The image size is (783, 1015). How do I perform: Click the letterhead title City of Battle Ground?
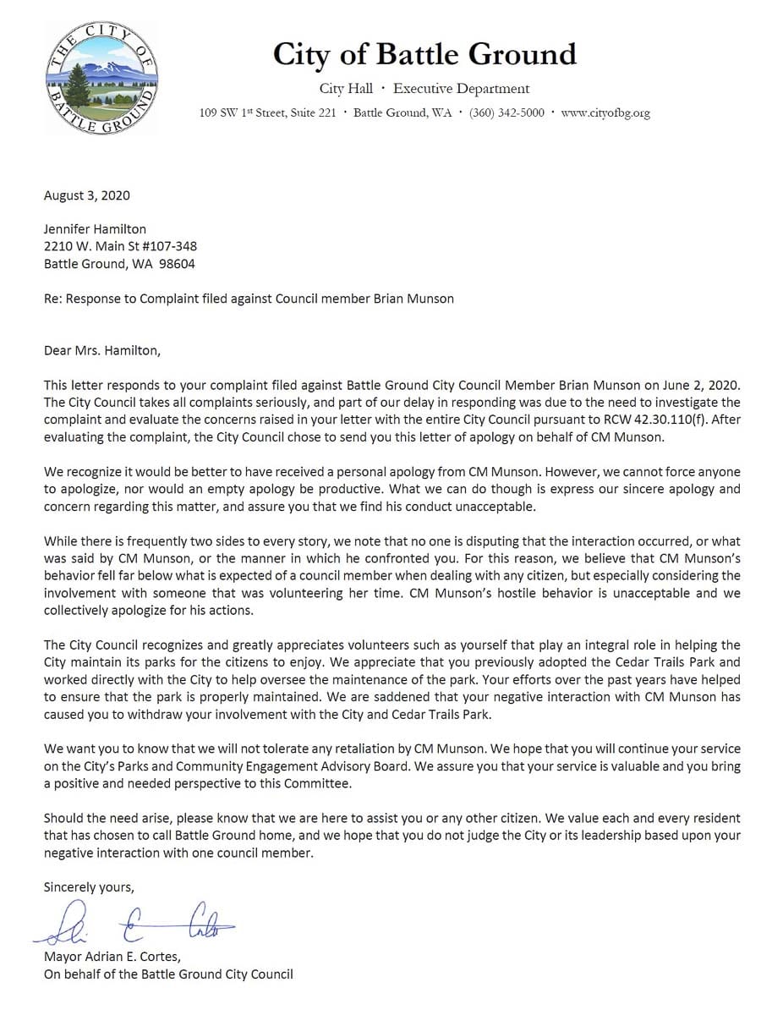424,54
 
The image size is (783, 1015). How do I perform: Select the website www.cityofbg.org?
605,113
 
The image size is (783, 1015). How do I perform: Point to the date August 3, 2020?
87,195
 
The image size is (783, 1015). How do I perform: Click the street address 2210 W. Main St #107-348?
121,246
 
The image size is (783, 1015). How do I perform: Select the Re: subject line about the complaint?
249,299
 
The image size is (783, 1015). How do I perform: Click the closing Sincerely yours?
89,887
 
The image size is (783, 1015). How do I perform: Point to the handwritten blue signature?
135,924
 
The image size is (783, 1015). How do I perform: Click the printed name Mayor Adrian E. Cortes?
112,957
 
